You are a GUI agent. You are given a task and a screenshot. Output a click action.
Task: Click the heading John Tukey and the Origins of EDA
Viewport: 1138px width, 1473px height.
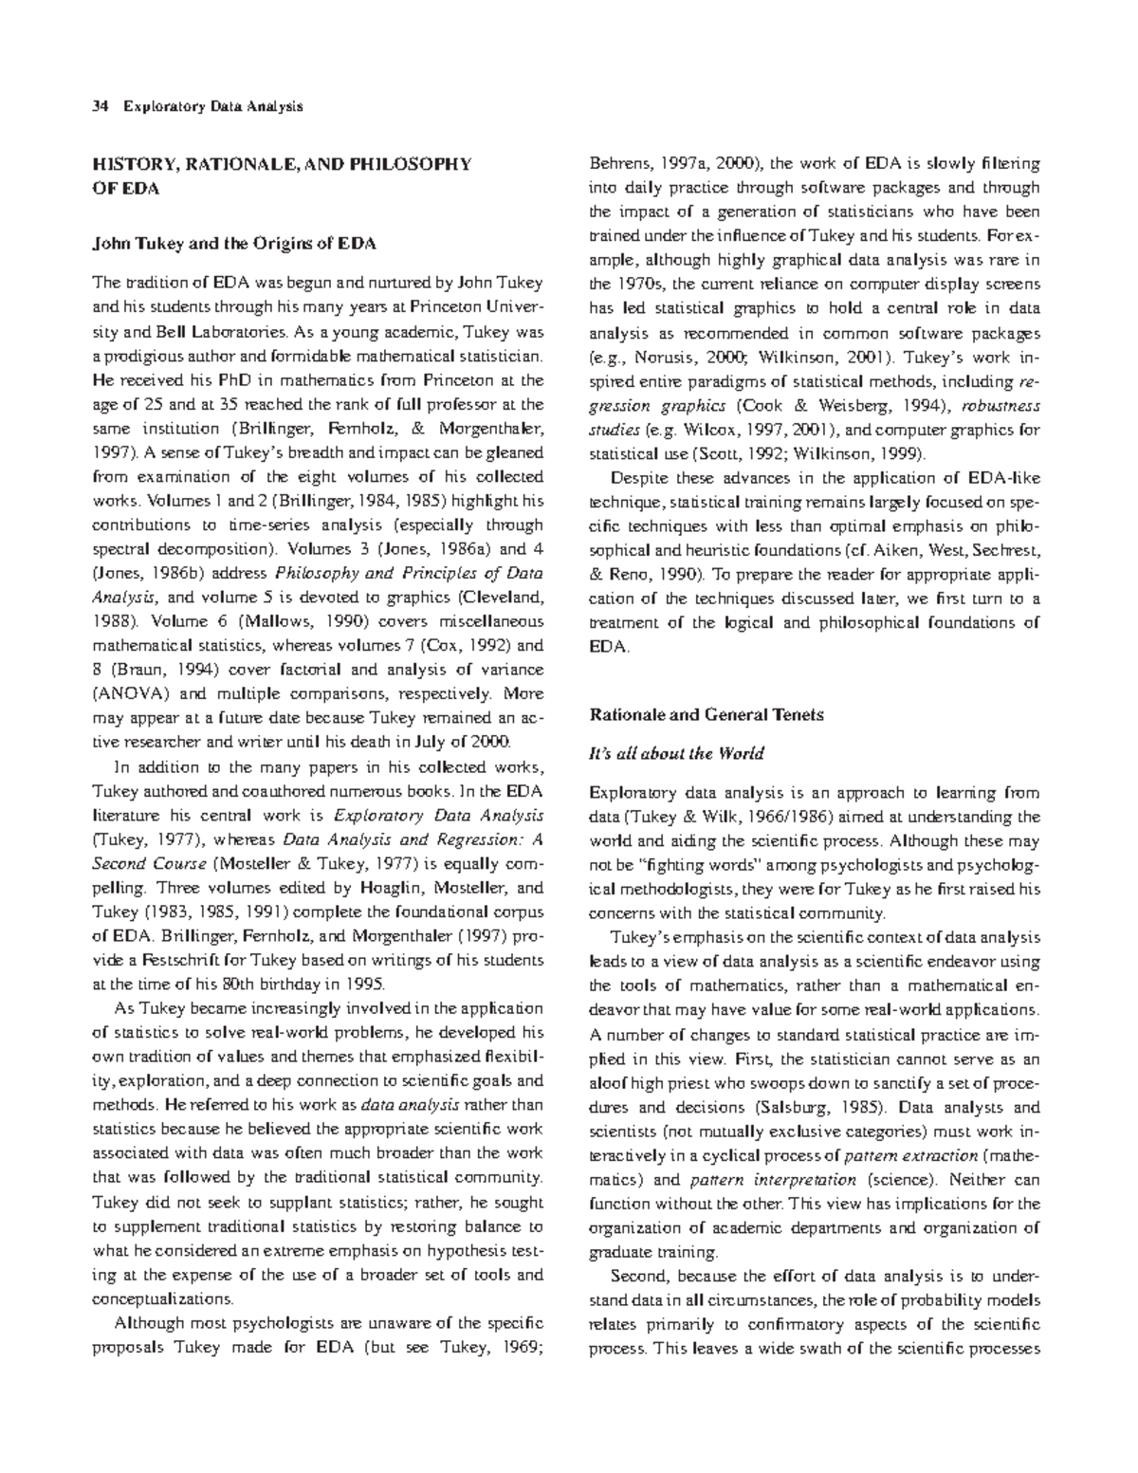tap(232, 244)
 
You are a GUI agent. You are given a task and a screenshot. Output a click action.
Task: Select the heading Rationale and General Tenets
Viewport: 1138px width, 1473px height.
tap(707, 715)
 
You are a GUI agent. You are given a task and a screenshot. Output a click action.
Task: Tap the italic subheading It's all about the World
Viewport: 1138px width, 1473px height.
tap(676, 754)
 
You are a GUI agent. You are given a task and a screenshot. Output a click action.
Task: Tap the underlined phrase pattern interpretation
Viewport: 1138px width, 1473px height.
tap(773, 1181)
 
